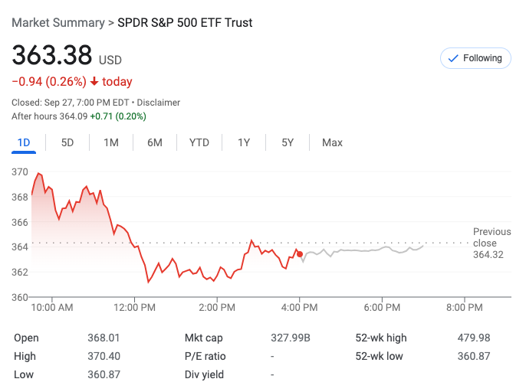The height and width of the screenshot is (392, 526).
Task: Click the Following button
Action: coord(475,58)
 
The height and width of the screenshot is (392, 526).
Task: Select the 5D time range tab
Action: coord(67,142)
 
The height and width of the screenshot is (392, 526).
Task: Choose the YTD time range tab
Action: coord(199,142)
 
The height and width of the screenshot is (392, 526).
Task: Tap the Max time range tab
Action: coord(332,142)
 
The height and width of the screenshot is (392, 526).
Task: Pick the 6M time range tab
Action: coord(155,142)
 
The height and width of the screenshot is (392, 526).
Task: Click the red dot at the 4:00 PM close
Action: coord(300,253)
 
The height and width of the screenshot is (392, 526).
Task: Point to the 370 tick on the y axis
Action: coord(20,172)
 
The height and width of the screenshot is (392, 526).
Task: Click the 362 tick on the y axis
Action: coord(20,272)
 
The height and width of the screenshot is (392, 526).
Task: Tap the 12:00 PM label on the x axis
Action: coord(135,308)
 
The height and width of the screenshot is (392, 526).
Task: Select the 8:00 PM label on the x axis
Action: coord(465,308)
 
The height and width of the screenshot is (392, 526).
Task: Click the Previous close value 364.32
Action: coord(488,255)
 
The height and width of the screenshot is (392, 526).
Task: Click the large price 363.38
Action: coord(51,56)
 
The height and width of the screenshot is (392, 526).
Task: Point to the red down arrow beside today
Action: coord(94,82)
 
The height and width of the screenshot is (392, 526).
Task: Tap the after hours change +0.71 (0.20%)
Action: coord(118,116)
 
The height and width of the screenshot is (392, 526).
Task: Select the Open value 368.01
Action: coord(104,338)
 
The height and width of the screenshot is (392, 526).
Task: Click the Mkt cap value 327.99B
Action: coord(289,338)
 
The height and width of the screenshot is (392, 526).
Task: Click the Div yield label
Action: coord(203,374)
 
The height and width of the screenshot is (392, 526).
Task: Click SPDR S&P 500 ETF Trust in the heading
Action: coord(185,22)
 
